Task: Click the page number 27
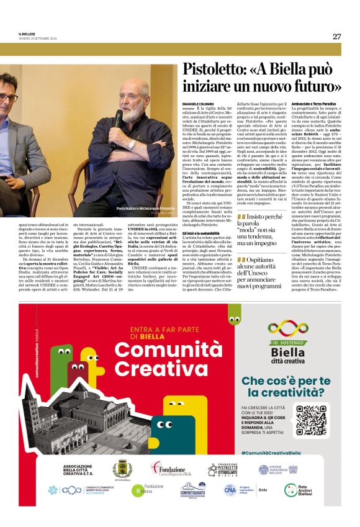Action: [336, 36]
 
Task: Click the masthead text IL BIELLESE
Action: [29, 34]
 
